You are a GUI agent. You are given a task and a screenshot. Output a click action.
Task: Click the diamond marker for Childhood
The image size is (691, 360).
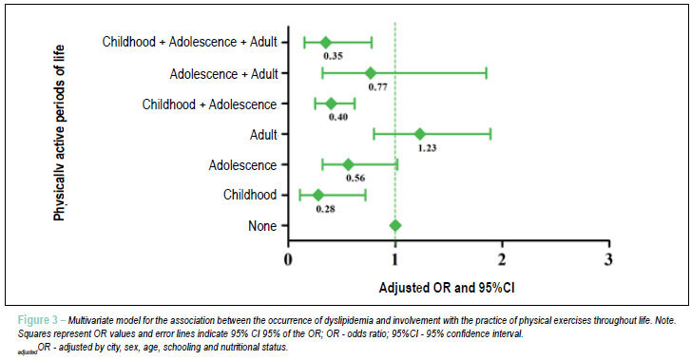click(318, 196)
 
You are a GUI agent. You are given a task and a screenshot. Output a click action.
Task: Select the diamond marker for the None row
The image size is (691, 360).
click(395, 226)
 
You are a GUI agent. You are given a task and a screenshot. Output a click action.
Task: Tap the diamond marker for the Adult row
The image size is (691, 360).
click(420, 134)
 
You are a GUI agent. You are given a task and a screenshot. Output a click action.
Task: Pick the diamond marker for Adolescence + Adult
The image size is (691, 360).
click(371, 73)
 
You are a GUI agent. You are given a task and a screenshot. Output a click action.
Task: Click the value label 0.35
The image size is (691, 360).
click(334, 56)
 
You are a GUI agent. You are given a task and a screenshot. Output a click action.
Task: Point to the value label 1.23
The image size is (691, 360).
click(427, 148)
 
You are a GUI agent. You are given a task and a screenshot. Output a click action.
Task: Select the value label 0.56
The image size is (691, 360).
click(355, 178)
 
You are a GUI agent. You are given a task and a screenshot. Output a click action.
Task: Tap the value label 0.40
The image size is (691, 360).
click(338, 117)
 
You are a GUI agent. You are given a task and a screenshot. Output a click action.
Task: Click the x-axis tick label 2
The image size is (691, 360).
click(502, 259)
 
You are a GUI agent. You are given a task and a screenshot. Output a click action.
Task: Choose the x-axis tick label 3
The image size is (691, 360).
click(608, 259)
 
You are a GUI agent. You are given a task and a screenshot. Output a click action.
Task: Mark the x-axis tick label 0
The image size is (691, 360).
click(288, 259)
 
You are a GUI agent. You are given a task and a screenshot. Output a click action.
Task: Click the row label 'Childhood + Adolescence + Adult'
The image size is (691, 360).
click(190, 42)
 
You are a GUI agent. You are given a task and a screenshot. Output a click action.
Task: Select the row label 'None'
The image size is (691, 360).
click(262, 226)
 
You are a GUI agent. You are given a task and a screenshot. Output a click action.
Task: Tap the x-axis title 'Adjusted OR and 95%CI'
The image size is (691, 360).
click(447, 288)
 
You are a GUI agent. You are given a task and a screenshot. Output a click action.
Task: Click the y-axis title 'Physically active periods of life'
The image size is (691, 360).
click(59, 133)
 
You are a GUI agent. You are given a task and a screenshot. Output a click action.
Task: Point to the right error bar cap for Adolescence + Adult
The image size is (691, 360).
click(486, 73)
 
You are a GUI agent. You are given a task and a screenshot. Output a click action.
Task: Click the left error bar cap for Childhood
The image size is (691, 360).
click(300, 196)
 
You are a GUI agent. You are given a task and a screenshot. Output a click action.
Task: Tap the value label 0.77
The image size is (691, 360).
click(378, 87)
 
